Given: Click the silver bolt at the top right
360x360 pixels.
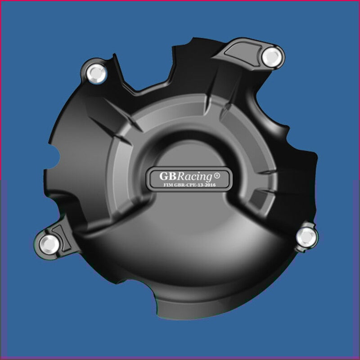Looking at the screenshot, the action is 272,57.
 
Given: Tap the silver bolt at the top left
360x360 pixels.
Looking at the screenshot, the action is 96,73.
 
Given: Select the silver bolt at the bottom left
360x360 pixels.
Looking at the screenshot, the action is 49,244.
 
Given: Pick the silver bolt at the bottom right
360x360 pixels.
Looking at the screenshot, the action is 306,237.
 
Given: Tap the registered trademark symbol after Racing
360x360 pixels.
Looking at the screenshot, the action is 217,175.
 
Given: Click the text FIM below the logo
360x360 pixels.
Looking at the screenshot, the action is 166,185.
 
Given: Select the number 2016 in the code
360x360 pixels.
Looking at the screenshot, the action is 211,185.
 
